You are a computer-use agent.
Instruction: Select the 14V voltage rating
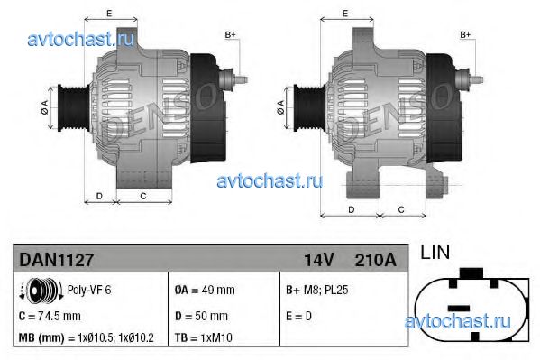pyautogui.click(x=317, y=259)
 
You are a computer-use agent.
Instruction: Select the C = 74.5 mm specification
pyautogui.click(x=50, y=316)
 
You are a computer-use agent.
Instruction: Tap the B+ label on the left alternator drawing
pyautogui.click(x=230, y=34)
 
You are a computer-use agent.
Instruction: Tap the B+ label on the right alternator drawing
pyautogui.click(x=466, y=34)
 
